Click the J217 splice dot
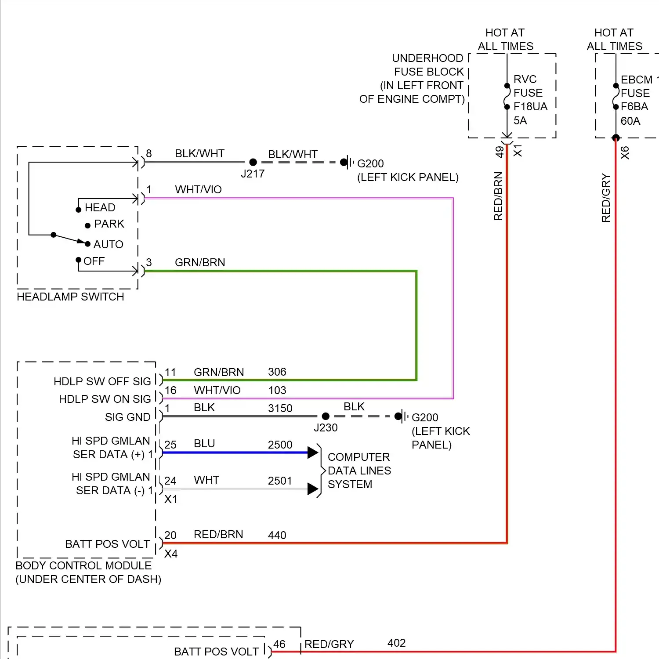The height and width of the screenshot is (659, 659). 253,162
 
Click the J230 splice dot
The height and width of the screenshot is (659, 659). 326,416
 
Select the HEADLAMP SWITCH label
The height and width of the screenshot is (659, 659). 70,297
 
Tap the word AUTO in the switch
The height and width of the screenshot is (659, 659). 108,244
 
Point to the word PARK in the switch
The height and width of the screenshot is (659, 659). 109,224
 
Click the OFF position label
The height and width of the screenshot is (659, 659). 94,261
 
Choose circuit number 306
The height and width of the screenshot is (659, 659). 277,372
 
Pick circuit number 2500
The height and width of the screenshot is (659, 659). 280,445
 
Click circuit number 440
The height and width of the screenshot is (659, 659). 277,535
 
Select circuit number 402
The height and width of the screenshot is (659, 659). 396,643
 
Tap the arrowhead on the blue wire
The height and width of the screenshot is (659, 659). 313,452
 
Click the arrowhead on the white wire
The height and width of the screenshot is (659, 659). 313,489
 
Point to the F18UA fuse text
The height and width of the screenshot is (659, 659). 530,107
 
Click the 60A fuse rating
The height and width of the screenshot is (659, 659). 630,121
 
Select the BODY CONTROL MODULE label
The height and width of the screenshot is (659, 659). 83,565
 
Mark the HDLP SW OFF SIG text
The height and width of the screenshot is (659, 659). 102,381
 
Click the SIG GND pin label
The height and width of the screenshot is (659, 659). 127,417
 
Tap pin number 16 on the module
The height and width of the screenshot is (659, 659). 170,390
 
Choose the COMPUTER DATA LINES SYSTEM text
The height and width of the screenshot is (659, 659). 359,471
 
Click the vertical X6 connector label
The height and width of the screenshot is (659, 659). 625,152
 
